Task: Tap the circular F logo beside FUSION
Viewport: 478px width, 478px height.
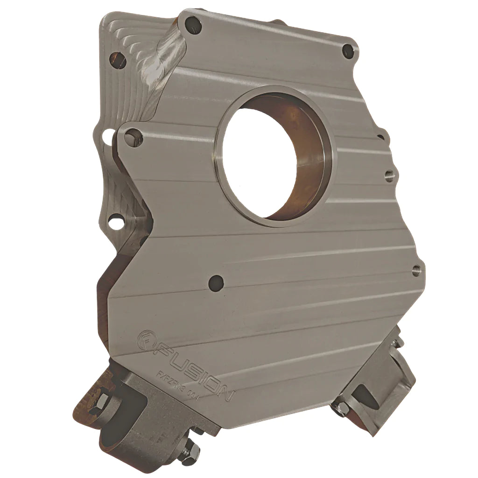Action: (147, 337)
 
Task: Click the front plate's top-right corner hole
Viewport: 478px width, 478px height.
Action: (348, 50)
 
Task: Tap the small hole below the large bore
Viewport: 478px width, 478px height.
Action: (216, 281)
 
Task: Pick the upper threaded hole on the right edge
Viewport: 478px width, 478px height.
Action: (389, 176)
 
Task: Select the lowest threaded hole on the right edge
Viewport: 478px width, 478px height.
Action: (415, 269)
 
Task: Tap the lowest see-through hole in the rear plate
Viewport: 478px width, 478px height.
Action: (114, 222)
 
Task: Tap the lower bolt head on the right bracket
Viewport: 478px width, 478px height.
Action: (341, 409)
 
